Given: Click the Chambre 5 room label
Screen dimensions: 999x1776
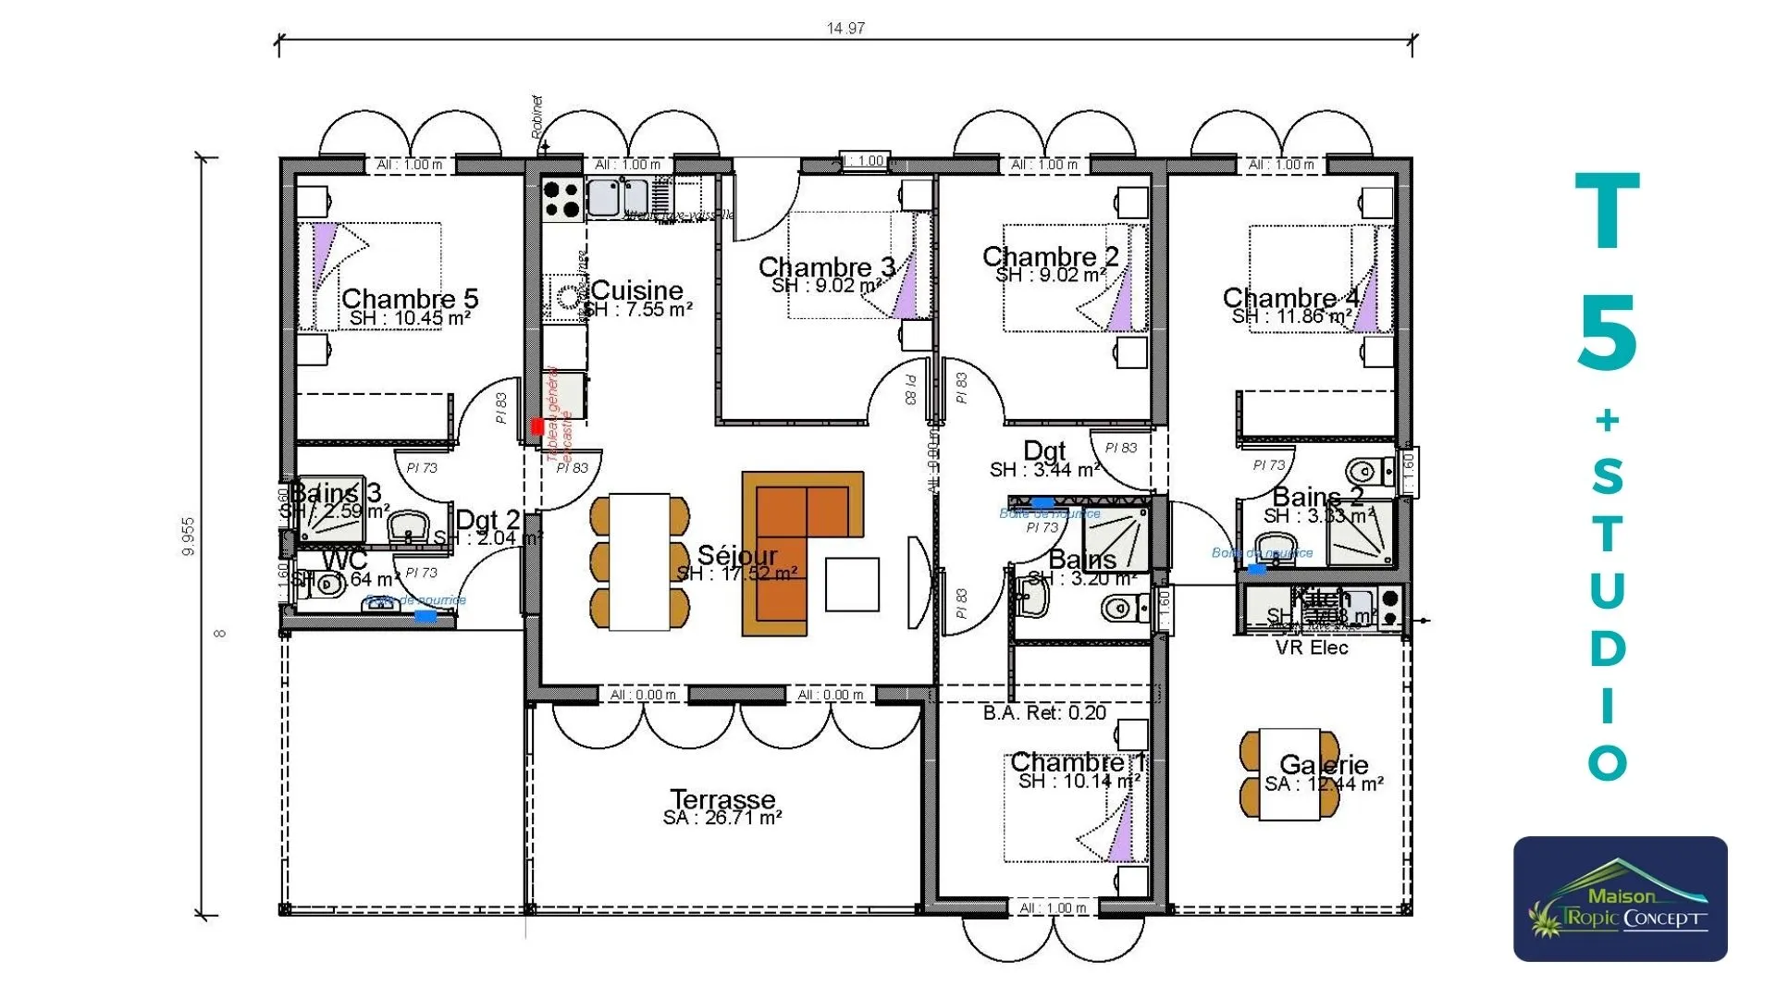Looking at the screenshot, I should (x=410, y=299).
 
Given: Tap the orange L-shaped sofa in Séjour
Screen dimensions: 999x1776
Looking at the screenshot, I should (x=786, y=546).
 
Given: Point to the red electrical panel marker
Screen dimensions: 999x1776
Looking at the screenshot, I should (x=537, y=426).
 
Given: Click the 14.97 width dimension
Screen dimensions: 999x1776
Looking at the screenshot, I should (x=845, y=28).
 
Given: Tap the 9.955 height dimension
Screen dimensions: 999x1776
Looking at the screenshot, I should (x=189, y=536).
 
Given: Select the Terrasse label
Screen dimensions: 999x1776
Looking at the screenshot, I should (x=722, y=798).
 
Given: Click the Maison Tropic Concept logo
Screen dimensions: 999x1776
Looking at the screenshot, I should (x=1620, y=899).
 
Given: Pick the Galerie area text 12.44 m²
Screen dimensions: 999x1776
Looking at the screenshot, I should (x=1324, y=784).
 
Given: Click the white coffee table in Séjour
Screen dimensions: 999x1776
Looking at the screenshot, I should (x=852, y=584).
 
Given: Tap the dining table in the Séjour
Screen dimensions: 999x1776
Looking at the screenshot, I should (x=639, y=561).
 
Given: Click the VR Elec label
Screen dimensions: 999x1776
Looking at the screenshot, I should (x=1312, y=647).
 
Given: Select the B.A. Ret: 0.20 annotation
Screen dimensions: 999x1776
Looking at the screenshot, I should (x=1044, y=713).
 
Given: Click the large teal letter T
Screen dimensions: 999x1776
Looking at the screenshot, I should (x=1608, y=212).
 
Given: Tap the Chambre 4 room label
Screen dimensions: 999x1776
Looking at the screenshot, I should (x=1290, y=298).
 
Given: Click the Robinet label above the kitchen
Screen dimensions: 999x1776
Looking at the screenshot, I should (x=537, y=117).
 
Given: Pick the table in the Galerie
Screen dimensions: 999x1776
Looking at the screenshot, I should (x=1289, y=774).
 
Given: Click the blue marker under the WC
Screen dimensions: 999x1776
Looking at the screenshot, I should (x=425, y=615).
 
